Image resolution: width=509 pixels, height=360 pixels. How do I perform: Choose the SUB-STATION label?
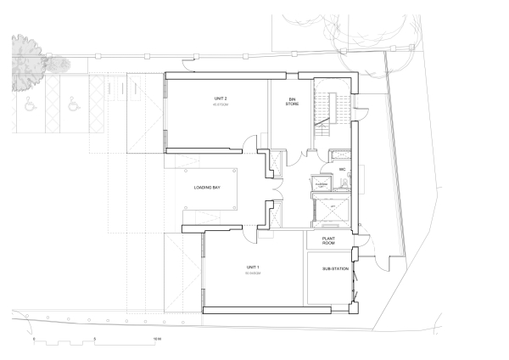334,270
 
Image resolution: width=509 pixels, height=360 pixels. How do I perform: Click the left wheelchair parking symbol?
31,106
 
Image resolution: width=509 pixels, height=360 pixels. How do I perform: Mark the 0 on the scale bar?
35,338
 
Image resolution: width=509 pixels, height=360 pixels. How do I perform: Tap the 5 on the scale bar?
96,338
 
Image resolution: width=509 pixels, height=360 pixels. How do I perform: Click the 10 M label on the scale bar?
157,338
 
